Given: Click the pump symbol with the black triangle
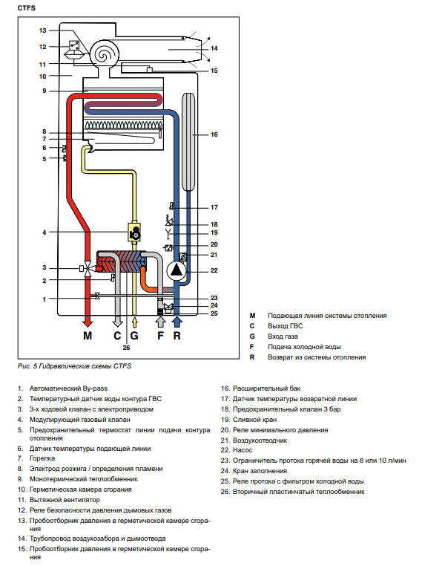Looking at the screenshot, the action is [x=177, y=270].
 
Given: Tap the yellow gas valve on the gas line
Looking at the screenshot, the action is [x=134, y=232].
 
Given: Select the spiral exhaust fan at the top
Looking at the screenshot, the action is [x=104, y=53].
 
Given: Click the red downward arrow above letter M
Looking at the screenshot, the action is [x=88, y=321].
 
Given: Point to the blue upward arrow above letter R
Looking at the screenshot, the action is [x=177, y=322].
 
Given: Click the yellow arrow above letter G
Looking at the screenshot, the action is [x=135, y=322].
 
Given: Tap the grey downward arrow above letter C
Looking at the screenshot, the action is [x=117, y=321].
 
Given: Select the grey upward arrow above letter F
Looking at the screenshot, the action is [x=160, y=322].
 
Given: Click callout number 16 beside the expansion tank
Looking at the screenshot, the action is [x=214, y=134].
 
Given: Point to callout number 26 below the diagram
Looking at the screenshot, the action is [x=126, y=348].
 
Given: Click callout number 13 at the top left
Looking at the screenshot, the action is [x=43, y=30].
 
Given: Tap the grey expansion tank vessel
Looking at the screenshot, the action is [x=189, y=142].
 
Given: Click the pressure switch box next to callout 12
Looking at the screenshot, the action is [x=74, y=45].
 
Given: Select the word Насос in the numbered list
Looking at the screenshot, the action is [x=243, y=450].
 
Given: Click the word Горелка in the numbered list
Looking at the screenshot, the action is [x=42, y=458].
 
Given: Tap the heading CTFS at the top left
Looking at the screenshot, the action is [x=27, y=8].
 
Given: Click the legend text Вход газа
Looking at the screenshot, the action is [x=283, y=336].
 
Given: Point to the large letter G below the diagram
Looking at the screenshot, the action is [x=134, y=336].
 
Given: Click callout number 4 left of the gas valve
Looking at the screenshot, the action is [x=44, y=233].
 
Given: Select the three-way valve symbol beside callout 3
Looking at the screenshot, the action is [x=88, y=269].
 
